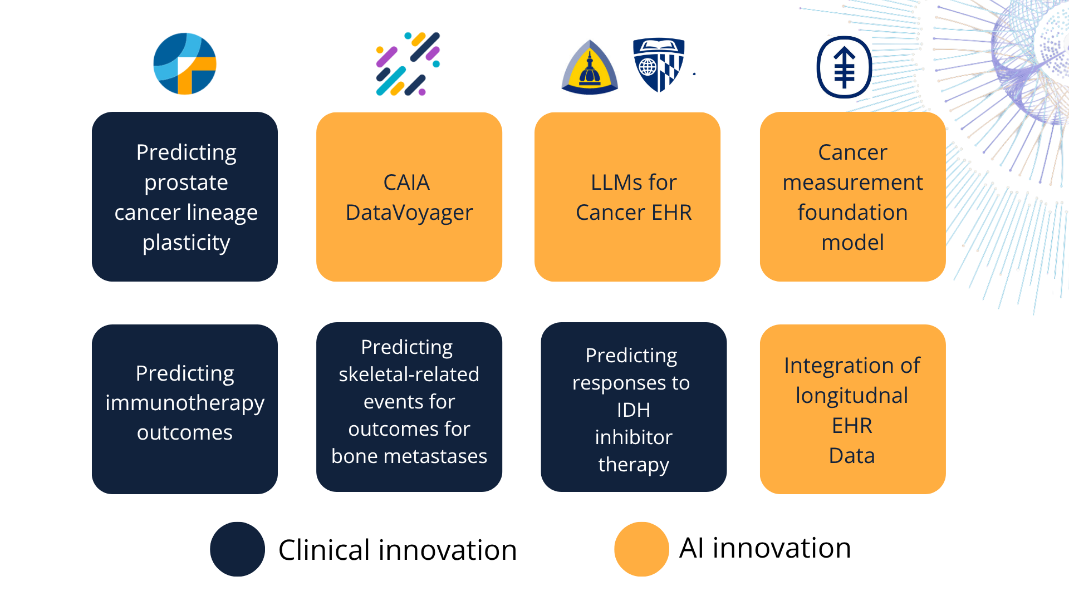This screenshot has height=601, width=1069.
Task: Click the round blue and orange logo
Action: (x=185, y=64)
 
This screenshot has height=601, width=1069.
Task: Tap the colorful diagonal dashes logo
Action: (x=408, y=64)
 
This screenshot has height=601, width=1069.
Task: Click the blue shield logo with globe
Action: (x=659, y=65)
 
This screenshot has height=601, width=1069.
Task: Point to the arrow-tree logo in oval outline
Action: (x=844, y=67)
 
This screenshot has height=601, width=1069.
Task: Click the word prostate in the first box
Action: (x=186, y=183)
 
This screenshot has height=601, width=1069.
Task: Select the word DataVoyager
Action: (x=409, y=213)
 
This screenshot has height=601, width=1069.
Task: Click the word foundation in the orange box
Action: (x=852, y=213)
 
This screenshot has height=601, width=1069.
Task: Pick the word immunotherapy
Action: (x=185, y=403)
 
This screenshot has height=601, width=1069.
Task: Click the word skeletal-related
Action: (x=409, y=375)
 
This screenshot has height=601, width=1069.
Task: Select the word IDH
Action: (x=634, y=410)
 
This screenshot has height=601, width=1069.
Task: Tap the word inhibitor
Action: (x=634, y=437)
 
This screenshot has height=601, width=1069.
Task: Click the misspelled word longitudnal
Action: (x=852, y=396)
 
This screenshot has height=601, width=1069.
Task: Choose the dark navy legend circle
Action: (x=237, y=549)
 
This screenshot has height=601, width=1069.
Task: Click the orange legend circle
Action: (x=641, y=549)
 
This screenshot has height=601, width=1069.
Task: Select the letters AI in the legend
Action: (x=692, y=548)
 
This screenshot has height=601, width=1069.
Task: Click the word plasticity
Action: (x=186, y=243)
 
